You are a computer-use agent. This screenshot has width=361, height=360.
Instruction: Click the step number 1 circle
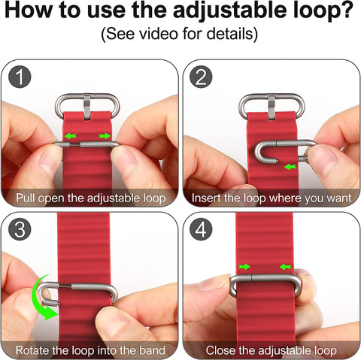pyautogui.click(x=20, y=77)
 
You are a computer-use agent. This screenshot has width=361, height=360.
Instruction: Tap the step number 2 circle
pyautogui.click(x=201, y=77)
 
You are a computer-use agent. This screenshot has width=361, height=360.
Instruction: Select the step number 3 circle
pyautogui.click(x=20, y=229)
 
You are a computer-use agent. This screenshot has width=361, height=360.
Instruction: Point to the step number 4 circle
pyautogui.click(x=201, y=229)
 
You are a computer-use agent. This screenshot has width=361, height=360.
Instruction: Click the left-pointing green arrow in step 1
pyautogui.click(x=71, y=136)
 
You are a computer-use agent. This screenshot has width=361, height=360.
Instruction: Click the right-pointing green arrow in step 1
pyautogui.click(x=105, y=136)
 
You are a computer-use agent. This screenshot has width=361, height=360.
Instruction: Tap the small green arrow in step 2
pyautogui.click(x=290, y=167)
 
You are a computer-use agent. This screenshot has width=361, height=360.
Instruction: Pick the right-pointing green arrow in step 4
pyautogui.click(x=244, y=267)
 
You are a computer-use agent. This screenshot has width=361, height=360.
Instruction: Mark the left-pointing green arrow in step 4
pyautogui.click(x=286, y=267)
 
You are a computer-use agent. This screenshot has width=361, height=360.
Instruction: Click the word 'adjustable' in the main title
pyautogui.click(x=230, y=11)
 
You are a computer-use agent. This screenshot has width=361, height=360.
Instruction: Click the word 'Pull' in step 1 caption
pyautogui.click(x=25, y=198)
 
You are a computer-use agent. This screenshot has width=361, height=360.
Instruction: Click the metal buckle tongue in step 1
pyautogui.click(x=87, y=107)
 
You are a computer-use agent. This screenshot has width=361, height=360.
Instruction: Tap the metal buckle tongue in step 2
pyautogui.click(x=272, y=107)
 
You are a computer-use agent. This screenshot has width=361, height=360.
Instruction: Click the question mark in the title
pyautogui.click(x=347, y=10)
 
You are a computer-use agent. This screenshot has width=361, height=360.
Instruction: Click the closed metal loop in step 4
pyautogui.click(x=265, y=277)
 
